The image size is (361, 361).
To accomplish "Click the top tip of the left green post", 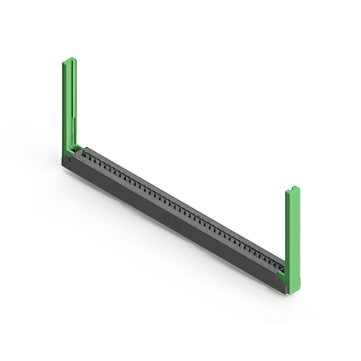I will point(69,59).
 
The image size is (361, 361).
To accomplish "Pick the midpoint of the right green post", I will point(293,240).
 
